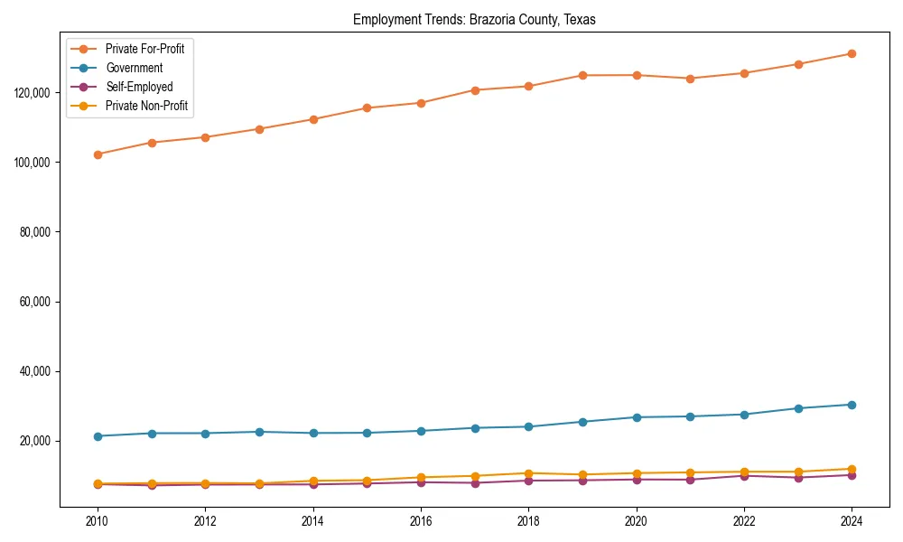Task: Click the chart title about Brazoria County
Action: [474, 19]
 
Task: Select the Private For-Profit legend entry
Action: [144, 49]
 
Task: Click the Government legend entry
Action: [135, 68]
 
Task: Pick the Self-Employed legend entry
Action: [139, 87]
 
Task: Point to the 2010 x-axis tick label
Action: [98, 520]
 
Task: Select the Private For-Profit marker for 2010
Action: [98, 154]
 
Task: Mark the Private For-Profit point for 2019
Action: [582, 75]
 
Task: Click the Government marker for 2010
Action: [98, 436]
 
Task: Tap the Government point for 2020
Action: [637, 417]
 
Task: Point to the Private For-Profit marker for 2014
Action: [313, 119]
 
